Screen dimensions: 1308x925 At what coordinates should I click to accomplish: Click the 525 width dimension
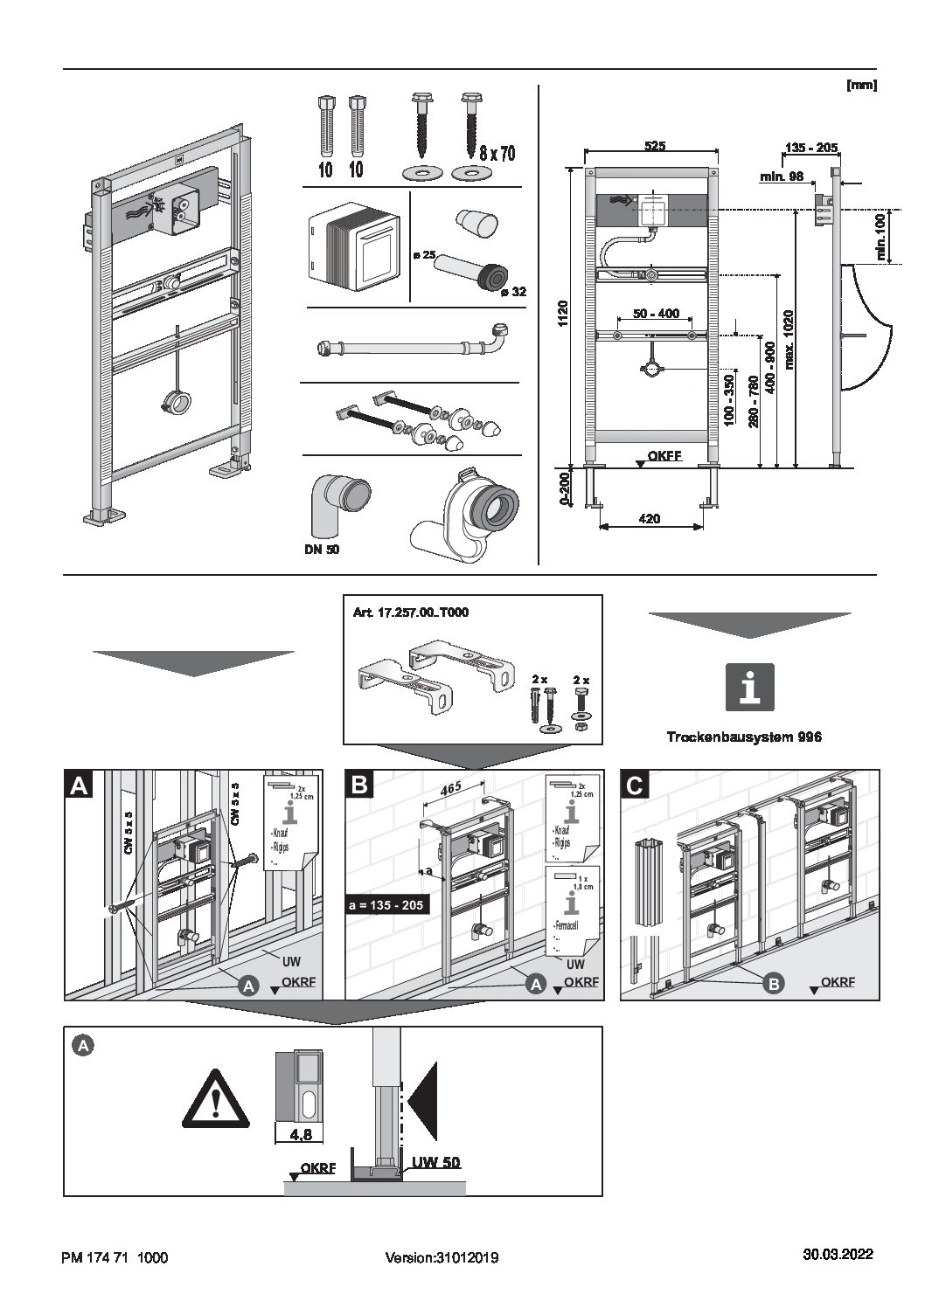coord(654,146)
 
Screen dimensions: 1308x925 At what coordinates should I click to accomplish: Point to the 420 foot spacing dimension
coord(649,518)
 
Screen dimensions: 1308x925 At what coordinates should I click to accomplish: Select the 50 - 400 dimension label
coord(655,313)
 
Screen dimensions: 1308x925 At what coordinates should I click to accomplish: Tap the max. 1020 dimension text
coord(789,337)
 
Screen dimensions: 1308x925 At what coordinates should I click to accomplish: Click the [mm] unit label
coord(861,85)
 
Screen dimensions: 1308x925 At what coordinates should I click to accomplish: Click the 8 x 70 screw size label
coord(497,154)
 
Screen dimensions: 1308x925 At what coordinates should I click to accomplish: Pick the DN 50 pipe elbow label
coord(323,550)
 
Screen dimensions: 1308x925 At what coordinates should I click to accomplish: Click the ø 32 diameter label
coord(513,292)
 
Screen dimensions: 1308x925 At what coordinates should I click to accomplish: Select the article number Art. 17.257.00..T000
coord(410,612)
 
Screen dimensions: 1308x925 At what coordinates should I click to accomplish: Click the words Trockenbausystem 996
coord(744,737)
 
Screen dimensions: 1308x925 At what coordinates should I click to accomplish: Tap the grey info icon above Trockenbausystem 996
coord(750,685)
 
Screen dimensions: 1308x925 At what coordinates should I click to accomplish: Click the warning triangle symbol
coord(215,1098)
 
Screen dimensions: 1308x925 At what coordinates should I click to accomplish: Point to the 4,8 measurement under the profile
coord(300,1135)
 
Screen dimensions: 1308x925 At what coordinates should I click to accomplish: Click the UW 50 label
coord(436,1163)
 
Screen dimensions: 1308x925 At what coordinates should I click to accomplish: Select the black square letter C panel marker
coord(635,784)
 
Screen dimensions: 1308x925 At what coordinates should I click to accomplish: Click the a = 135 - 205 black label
coord(386,905)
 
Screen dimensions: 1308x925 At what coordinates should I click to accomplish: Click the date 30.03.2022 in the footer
coord(838,1255)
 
